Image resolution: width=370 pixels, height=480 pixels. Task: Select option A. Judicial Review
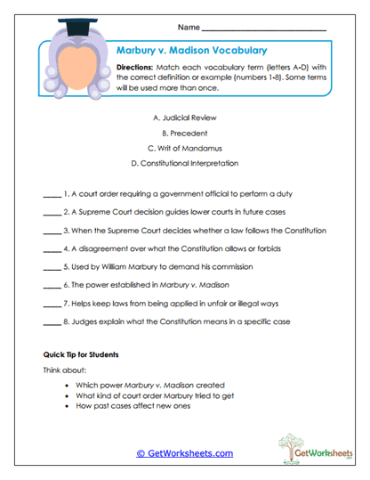(184, 118)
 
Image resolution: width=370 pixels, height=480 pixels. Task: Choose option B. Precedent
(184, 133)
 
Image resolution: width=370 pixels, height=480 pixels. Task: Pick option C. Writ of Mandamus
(184, 148)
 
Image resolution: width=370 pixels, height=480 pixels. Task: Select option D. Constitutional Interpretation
(184, 163)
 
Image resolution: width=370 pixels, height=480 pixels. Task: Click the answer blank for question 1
(51, 193)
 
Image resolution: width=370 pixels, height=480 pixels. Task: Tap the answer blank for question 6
(51, 286)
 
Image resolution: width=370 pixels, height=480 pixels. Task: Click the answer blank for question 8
(51, 322)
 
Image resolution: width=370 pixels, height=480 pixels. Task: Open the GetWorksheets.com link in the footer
(185, 453)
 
